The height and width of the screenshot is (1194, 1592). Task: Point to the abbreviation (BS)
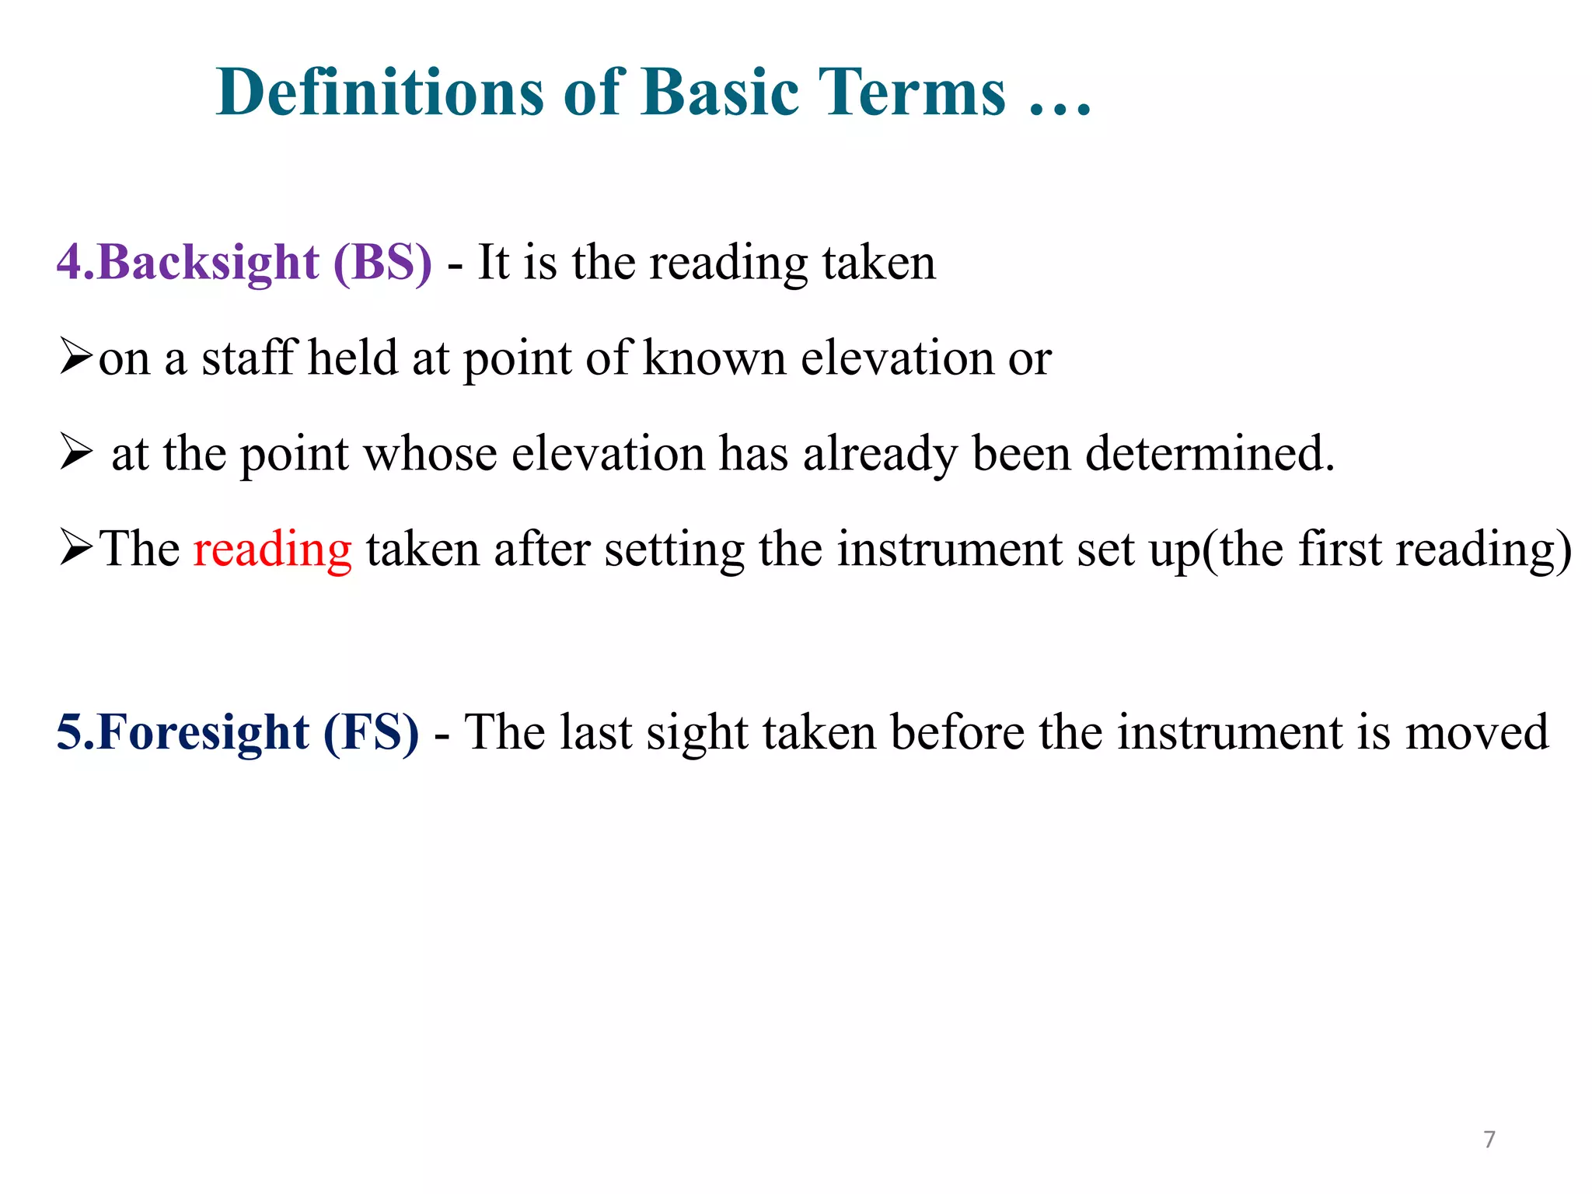pos(382,262)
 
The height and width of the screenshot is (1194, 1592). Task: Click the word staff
pos(250,358)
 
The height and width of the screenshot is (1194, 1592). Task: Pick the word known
pos(715,358)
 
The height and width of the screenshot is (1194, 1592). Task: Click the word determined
pos(1209,454)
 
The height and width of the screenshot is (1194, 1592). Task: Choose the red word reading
pos(272,550)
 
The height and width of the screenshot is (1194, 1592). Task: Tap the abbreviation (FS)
pos(371,732)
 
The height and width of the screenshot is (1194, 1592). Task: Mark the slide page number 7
pos(1489,1139)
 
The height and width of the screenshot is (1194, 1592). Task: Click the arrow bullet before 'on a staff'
pos(76,357)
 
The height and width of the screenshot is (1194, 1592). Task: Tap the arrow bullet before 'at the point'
pos(76,452)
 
